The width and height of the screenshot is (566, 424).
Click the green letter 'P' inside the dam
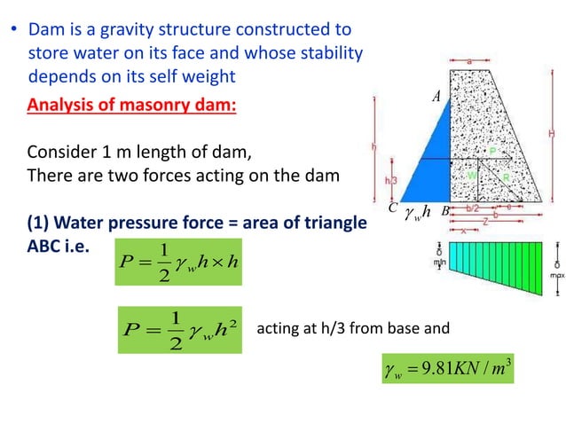click(492, 152)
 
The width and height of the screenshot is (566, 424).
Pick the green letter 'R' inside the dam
click(506, 177)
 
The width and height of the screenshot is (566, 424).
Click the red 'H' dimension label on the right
click(552, 133)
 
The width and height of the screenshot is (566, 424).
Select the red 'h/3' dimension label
click(390, 179)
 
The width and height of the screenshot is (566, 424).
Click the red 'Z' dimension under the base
click(485, 223)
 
